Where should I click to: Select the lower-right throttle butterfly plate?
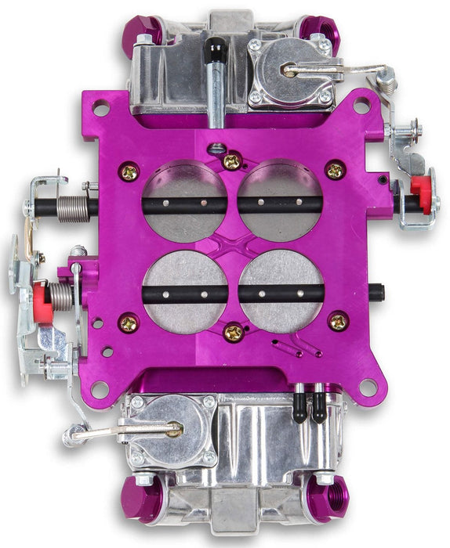pyautogui.click(x=281, y=291)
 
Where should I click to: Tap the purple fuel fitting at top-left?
pyautogui.click(x=145, y=30)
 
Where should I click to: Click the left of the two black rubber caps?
pyautogui.click(x=299, y=411)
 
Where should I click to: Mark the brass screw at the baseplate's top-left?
pyautogui.click(x=129, y=170)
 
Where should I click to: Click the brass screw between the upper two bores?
pyautogui.click(x=232, y=161)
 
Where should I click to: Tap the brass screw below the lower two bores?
pyautogui.click(x=233, y=332)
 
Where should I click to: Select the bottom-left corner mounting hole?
pyautogui.click(x=100, y=388)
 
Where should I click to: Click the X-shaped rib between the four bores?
pyautogui.click(x=233, y=246)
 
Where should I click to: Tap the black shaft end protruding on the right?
pyautogui.click(x=377, y=293)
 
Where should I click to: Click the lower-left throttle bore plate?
pyautogui.click(x=185, y=291)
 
